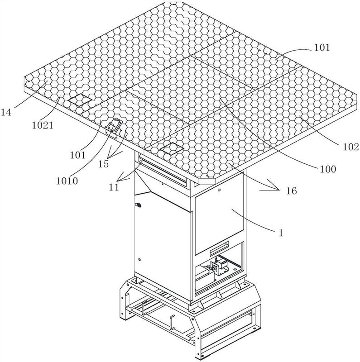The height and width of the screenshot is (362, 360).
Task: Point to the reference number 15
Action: coord(104,163)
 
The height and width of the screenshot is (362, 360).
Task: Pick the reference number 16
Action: coord(291,191)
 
